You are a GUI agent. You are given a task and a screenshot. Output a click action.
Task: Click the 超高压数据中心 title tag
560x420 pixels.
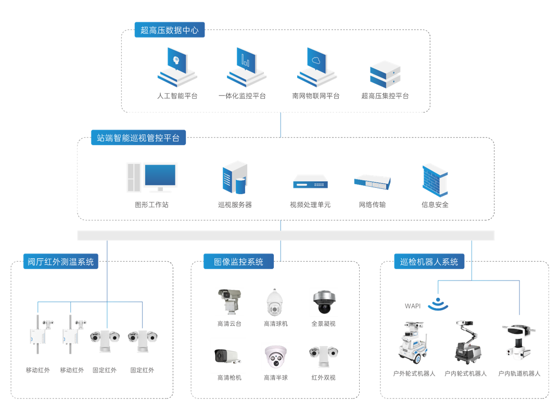pyautogui.click(x=169, y=30)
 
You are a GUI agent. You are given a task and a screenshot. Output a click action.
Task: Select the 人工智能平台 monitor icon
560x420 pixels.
pyautogui.click(x=177, y=68)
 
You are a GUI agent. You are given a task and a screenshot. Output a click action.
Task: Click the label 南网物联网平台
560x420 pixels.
pyautogui.click(x=315, y=96)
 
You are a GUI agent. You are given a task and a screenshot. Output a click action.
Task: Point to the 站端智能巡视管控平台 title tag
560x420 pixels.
pyautogui.click(x=138, y=138)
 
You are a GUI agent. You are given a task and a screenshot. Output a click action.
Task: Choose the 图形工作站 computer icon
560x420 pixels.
pyautogui.click(x=151, y=179)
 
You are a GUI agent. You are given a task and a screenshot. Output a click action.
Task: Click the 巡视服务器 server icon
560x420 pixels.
pyautogui.click(x=234, y=179)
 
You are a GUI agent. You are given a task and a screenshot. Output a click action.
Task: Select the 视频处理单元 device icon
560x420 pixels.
pyautogui.click(x=310, y=181)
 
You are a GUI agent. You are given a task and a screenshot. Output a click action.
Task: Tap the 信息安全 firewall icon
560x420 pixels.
pyautogui.click(x=435, y=180)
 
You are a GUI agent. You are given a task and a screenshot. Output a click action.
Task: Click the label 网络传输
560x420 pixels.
pyautogui.click(x=372, y=205)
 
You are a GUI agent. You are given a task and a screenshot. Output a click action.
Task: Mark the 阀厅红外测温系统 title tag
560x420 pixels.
pyautogui.click(x=60, y=262)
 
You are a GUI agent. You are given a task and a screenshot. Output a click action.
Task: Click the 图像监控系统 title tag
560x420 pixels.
pyautogui.click(x=238, y=262)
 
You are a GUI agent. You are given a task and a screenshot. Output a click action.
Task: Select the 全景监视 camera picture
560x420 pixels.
pyautogui.click(x=323, y=302)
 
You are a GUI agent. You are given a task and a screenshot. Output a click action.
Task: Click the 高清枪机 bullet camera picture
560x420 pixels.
pyautogui.click(x=228, y=355)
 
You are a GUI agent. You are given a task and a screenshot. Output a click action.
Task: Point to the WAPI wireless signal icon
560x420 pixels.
pyautogui.click(x=438, y=304)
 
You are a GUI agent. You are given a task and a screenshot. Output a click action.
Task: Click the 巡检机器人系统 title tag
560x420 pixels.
pyautogui.click(x=429, y=262)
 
